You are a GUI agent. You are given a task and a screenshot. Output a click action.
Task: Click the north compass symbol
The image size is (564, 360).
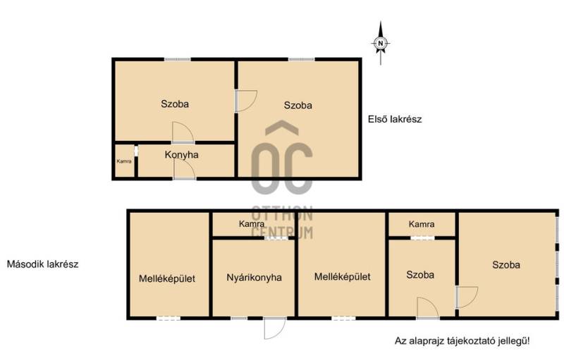(381, 43)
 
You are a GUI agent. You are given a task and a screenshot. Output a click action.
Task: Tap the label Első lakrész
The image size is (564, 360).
(395, 119)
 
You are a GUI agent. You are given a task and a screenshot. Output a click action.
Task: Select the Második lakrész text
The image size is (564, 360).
(42, 264)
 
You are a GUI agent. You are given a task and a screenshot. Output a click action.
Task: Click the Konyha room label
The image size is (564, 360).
(181, 155)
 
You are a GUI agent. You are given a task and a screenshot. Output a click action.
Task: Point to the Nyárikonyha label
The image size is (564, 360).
(254, 278)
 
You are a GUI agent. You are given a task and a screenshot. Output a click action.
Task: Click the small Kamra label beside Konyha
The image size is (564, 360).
(124, 161)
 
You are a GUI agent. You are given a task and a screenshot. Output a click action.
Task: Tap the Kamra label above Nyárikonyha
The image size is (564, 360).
(252, 224)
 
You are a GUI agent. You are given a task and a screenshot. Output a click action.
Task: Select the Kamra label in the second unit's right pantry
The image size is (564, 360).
(422, 224)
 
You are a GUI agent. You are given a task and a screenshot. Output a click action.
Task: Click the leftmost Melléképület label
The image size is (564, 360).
(167, 279)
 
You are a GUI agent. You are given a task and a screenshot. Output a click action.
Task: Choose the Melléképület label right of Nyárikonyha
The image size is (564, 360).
(342, 277)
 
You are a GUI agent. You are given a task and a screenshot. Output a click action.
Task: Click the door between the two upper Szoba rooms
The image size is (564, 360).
(246, 101)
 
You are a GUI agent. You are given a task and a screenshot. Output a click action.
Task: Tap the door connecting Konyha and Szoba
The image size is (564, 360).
(183, 132)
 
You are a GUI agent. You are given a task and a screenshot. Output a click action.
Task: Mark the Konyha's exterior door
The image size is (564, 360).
(184, 169)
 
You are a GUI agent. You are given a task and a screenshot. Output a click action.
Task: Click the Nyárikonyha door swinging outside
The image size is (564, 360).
(275, 328)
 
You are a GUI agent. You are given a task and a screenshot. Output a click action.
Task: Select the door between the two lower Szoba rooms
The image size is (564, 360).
(467, 297)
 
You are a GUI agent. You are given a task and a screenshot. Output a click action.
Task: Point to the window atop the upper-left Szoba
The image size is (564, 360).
(178, 59)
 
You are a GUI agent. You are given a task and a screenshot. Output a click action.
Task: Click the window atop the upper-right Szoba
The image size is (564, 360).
(302, 59)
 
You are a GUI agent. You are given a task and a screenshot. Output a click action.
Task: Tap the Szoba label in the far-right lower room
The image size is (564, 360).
(506, 265)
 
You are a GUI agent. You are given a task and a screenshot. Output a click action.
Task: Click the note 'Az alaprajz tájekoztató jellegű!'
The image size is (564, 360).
(462, 340)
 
